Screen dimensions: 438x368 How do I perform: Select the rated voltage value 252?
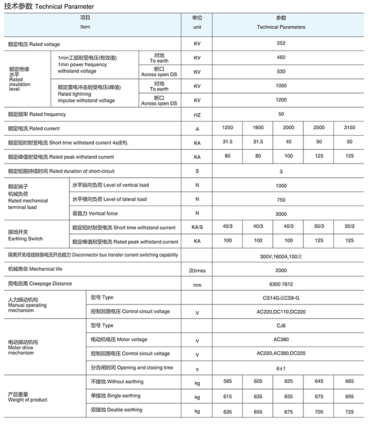point(281,44)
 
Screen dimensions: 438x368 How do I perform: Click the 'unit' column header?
point(197,27)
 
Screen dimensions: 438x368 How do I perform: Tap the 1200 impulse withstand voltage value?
point(281,100)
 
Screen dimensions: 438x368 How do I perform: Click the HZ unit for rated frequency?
point(197,115)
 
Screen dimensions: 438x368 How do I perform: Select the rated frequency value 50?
point(281,114)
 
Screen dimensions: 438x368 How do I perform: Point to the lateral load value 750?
point(281,200)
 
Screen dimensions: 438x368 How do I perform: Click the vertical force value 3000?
point(281,214)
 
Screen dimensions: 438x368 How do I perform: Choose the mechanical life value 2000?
point(281,270)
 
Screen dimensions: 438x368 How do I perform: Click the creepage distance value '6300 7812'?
point(281,284)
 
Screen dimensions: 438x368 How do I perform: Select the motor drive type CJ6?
point(281,325)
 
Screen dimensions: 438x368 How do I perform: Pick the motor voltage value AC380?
point(281,339)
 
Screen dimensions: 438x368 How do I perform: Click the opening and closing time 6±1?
point(281,368)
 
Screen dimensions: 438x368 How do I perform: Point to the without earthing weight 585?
point(228,381)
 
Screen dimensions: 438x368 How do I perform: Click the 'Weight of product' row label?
point(27,400)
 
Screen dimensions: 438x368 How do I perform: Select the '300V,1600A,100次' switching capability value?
point(281,256)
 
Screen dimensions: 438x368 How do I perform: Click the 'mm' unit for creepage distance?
point(197,285)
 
